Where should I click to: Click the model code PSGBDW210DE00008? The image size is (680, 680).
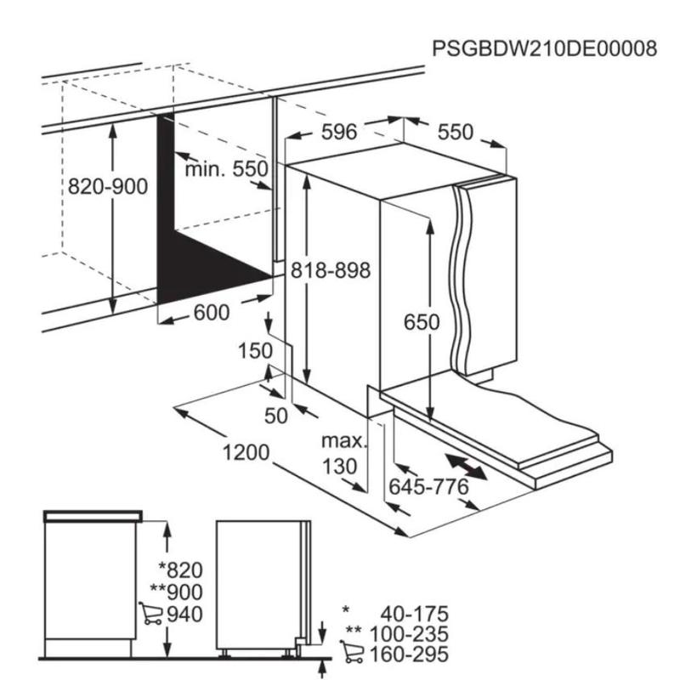point(544,48)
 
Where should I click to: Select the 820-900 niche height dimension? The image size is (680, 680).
point(108,187)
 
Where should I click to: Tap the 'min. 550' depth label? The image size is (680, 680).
point(226,168)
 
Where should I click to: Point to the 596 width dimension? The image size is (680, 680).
point(339,132)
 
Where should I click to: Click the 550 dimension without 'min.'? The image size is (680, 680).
point(455,132)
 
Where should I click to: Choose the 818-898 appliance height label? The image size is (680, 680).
point(331,270)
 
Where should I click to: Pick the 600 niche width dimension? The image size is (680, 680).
point(211,312)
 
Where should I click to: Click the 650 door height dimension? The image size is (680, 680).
point(422,322)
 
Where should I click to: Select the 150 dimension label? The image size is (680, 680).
point(256,351)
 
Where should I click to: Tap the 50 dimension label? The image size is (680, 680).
point(275,416)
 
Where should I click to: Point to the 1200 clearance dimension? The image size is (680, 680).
point(246,453)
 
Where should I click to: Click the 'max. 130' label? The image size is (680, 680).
point(343,454)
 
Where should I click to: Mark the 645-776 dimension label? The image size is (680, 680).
point(428,486)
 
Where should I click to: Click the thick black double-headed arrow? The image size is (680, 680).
point(467,467)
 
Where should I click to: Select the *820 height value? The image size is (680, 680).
point(180,570)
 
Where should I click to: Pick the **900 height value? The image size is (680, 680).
point(176,592)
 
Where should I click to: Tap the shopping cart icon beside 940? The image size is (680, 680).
point(150,613)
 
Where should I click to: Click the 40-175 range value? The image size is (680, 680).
point(414,614)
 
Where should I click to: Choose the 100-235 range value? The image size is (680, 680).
point(408,634)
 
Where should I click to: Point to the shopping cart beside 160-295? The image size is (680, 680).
point(352,651)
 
